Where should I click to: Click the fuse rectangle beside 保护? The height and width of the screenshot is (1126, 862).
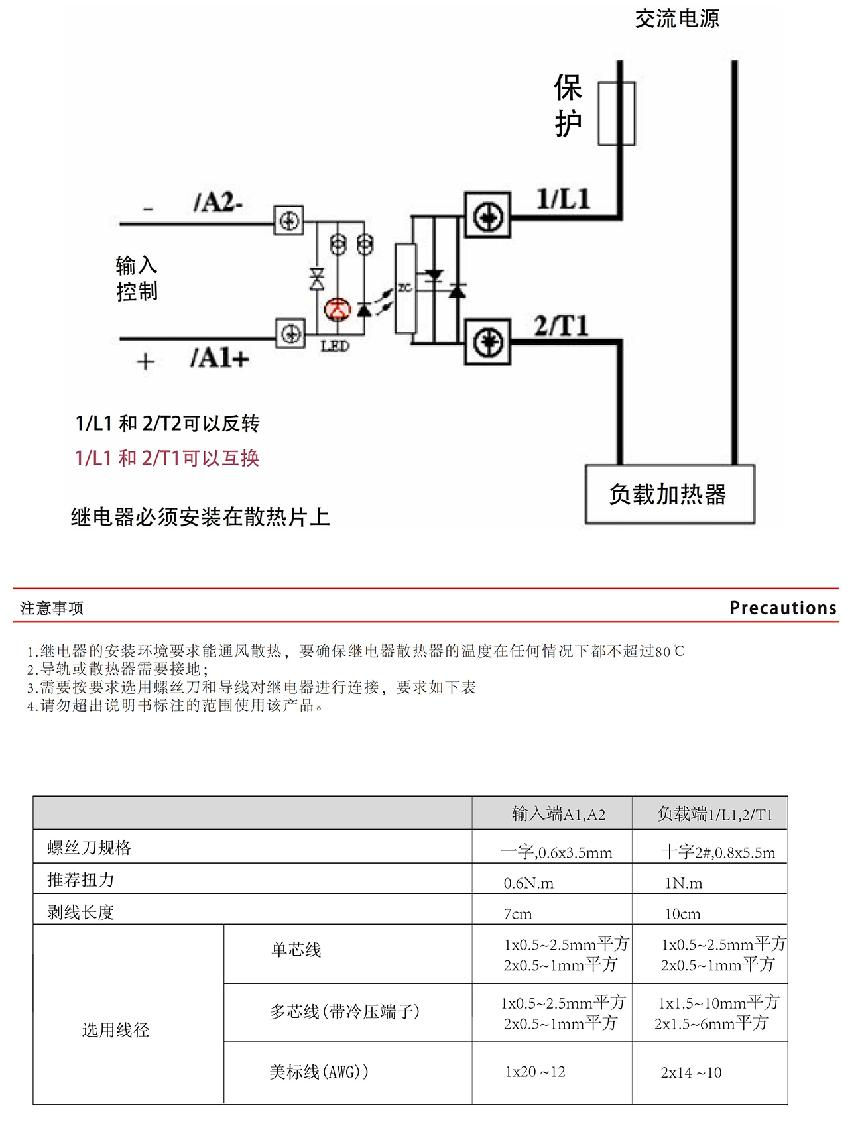tap(616, 113)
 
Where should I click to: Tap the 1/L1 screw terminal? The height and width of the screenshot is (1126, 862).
tap(487, 215)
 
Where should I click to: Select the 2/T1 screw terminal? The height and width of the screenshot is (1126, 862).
tap(487, 342)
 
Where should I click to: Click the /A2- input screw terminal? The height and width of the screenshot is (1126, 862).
tap(289, 220)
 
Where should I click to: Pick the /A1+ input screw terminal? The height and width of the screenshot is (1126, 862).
tap(290, 333)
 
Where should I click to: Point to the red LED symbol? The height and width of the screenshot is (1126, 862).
tap(337, 309)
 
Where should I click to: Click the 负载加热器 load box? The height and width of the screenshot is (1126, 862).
tap(670, 494)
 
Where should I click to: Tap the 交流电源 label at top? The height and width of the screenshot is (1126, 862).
tap(677, 19)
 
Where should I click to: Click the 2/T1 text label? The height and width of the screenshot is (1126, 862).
tap(561, 326)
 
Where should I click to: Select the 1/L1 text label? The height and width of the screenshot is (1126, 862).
tap(563, 199)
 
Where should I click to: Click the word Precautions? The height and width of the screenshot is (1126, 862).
tap(782, 608)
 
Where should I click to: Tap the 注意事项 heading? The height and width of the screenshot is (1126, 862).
tap(52, 608)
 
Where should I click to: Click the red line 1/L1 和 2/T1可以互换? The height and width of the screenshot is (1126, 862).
tap(167, 458)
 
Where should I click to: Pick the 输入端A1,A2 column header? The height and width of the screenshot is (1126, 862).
tap(558, 814)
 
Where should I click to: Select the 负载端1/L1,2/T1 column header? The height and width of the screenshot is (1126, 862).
tap(715, 814)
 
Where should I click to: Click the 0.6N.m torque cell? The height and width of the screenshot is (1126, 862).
tap(528, 883)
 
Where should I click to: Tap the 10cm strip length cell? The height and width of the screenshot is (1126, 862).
tap(682, 914)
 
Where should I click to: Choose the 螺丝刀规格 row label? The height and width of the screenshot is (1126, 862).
tap(89, 848)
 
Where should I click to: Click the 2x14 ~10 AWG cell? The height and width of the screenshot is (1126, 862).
tap(691, 1072)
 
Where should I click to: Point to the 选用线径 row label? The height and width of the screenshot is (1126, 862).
tap(115, 1030)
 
